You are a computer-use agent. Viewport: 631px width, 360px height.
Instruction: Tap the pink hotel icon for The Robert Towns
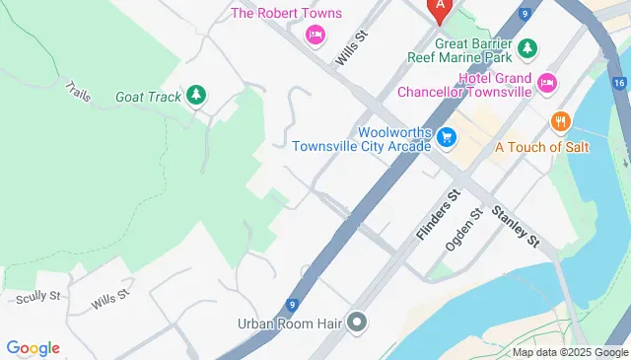(315, 36)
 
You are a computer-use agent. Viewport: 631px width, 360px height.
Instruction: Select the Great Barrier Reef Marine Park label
(460, 50)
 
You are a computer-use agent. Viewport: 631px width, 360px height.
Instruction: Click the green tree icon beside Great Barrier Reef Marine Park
(527, 47)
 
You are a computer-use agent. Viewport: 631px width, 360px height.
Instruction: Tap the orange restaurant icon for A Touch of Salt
(561, 121)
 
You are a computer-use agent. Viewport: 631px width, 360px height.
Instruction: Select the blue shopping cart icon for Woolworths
(447, 137)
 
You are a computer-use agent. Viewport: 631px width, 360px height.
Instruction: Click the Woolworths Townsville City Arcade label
(362, 138)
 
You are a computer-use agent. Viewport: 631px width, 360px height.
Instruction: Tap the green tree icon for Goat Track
(196, 95)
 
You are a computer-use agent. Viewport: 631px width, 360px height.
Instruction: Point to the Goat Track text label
(147, 96)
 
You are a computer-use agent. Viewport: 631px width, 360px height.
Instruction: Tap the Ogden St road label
(463, 229)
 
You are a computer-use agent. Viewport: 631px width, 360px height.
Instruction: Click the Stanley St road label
(517, 226)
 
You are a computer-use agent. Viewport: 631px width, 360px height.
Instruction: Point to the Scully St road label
(37, 295)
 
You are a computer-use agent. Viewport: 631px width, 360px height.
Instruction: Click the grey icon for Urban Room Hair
(357, 323)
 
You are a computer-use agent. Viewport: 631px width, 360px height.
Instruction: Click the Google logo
(33, 347)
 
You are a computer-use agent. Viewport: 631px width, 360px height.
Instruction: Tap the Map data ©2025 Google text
(570, 352)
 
